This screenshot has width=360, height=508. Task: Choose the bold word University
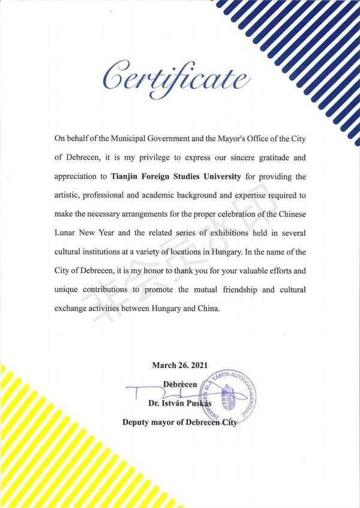tap(218, 177)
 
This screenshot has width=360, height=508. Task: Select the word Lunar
tap(67, 234)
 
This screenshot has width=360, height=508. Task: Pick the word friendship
tap(237, 291)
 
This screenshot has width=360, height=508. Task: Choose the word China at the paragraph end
tap(208, 310)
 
